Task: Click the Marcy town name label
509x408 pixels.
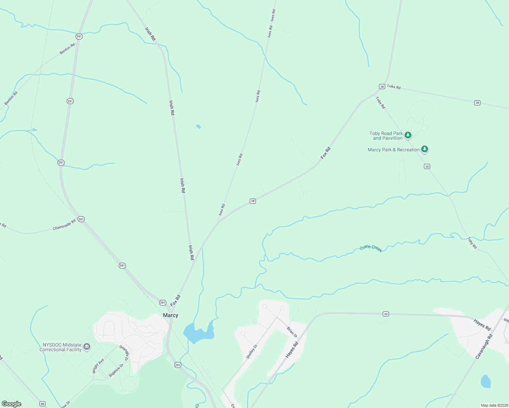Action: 170,315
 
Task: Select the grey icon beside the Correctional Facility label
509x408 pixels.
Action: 87,347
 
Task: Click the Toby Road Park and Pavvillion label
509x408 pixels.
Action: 386,136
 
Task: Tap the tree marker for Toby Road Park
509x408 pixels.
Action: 408,135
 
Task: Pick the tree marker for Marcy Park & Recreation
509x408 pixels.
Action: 424,149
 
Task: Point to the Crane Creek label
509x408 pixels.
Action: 371,249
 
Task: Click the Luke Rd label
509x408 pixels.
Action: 394,87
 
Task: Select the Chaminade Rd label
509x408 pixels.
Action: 64,225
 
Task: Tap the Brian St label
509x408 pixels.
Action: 292,332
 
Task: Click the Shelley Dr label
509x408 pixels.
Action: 252,351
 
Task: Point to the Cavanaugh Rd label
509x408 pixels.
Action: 484,346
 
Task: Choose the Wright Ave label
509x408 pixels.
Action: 98,366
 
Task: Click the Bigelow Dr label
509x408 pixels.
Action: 116,370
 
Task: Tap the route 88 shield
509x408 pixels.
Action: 42,404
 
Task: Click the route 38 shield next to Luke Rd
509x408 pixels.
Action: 382,87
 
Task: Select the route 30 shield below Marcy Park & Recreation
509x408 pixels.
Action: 427,166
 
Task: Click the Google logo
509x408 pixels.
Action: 12,404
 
